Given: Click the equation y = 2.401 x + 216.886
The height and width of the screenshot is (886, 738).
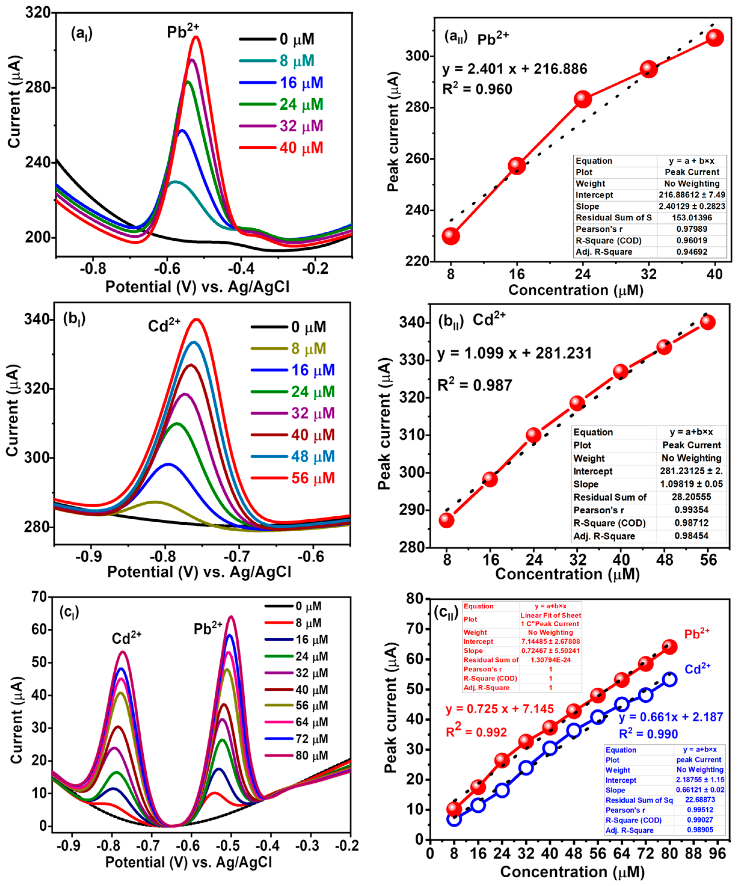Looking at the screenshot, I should pos(514,69).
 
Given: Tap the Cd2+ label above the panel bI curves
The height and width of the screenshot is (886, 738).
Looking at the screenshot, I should pos(164,325).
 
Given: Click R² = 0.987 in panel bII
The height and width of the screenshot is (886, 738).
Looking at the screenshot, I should pos(474,385).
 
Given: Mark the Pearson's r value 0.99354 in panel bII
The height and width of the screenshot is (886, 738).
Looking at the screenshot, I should pos(691,510).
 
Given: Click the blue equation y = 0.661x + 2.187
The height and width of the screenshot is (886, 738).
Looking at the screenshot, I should pos(670,717).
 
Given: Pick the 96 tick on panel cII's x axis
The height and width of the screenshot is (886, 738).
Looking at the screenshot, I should pos(717,854).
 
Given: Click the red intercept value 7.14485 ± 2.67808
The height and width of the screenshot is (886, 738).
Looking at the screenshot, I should pos(550,642).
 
